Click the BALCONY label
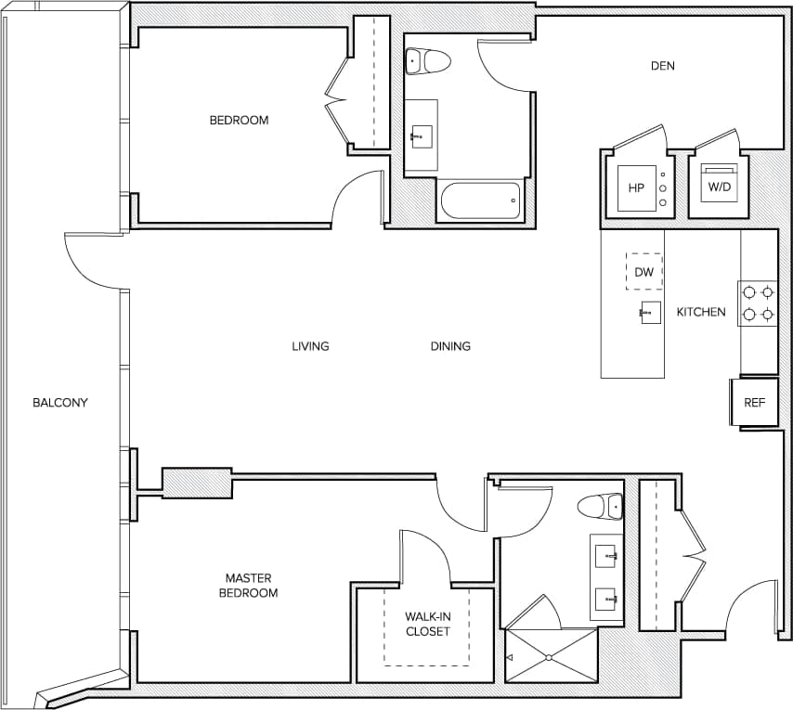[59, 402]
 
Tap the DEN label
[662, 66]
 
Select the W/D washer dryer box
[720, 186]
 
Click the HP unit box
[636, 187]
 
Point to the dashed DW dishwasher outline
[644, 272]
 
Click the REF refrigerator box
[754, 403]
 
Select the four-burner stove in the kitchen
[758, 303]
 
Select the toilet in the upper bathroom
[428, 61]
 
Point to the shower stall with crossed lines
[550, 657]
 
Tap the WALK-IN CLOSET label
[427, 624]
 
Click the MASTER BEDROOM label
[248, 586]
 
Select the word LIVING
[310, 346]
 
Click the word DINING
[450, 346]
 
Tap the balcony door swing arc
[85, 265]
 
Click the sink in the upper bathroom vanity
[421, 136]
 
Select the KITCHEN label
[701, 312]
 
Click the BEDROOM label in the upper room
[239, 120]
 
